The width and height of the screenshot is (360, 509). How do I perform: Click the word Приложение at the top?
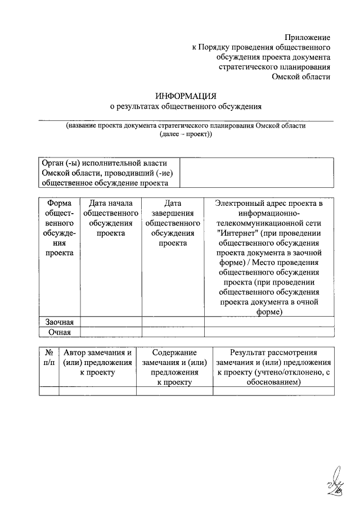click(307, 37)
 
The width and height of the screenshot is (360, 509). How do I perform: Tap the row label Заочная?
click(59, 322)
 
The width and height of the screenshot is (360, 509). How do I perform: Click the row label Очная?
click(59, 332)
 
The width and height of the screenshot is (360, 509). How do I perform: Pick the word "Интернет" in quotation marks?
click(238, 233)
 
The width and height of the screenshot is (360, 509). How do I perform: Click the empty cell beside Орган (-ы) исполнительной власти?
click(256, 172)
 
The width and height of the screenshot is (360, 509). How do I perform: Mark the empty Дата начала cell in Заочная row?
click(111, 322)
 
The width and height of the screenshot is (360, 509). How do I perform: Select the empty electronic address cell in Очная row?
click(269, 332)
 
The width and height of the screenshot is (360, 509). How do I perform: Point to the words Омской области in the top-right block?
click(301, 77)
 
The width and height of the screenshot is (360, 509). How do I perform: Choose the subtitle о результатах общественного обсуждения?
click(186, 106)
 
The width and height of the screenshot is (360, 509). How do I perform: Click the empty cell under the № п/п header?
click(49, 391)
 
